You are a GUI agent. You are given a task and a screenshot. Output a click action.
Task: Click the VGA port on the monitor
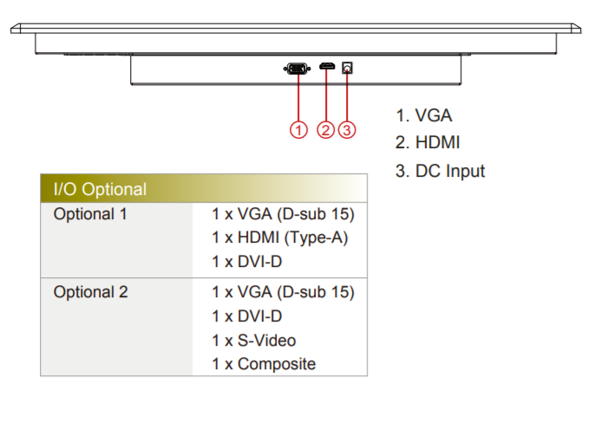pyautogui.click(x=297, y=68)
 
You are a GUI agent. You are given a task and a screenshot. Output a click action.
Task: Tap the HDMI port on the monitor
pyautogui.click(x=326, y=67)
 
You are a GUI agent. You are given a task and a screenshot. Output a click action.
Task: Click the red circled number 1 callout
pyautogui.click(x=298, y=130)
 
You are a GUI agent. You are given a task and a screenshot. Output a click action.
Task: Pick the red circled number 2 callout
pyautogui.click(x=326, y=130)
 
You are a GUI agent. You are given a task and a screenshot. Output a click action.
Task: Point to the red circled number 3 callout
pyautogui.click(x=347, y=130)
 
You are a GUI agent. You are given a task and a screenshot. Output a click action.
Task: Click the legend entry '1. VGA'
pyautogui.click(x=423, y=115)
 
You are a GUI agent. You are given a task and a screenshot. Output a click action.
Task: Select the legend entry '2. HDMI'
pyautogui.click(x=428, y=143)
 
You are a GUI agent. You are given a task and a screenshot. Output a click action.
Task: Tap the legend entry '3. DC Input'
pyautogui.click(x=440, y=171)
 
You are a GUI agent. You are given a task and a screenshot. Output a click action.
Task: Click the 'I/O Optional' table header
pyautogui.click(x=100, y=189)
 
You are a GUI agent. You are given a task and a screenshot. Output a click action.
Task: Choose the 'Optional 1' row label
pyautogui.click(x=90, y=213)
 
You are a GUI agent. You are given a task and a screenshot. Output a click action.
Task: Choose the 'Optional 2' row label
pyautogui.click(x=90, y=292)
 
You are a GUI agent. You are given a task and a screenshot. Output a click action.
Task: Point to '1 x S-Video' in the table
pyautogui.click(x=259, y=341)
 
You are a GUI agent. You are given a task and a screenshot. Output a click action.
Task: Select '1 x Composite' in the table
pyautogui.click(x=264, y=364)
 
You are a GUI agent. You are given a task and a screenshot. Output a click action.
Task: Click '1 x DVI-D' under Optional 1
pyautogui.click(x=247, y=262)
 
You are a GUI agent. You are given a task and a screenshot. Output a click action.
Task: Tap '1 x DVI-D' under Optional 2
pyautogui.click(x=247, y=316)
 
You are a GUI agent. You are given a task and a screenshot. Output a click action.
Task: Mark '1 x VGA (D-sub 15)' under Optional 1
pyautogui.click(x=283, y=214)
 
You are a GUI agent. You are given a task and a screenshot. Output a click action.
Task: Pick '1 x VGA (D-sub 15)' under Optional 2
pyautogui.click(x=283, y=292)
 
